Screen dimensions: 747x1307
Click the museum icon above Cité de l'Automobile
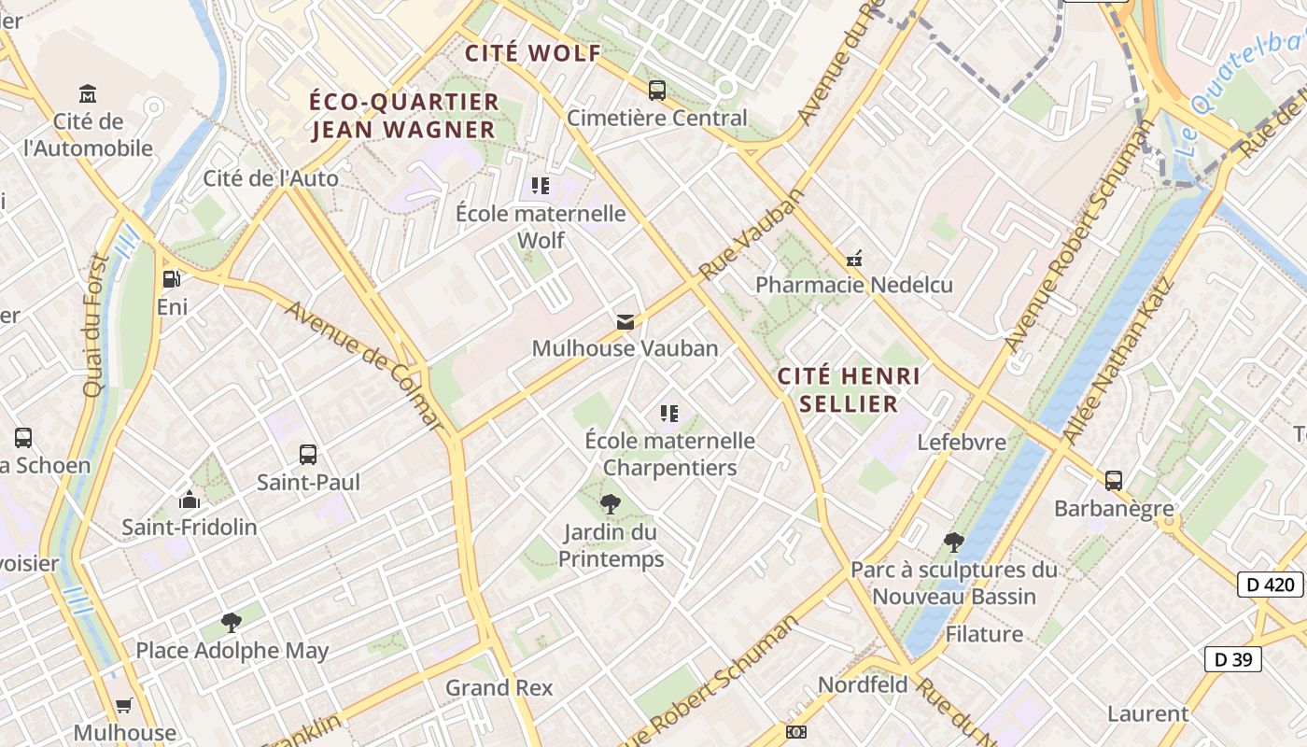coord(88,93)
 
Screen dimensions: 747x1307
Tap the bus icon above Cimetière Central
coord(657,91)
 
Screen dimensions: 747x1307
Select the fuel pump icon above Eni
coord(172,279)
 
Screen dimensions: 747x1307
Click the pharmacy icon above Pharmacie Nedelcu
coord(853,258)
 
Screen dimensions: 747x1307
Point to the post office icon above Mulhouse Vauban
coord(625,322)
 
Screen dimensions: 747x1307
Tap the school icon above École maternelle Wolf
coord(540,186)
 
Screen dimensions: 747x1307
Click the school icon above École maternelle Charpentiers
coord(668,413)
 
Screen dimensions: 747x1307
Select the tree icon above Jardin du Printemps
coord(610,505)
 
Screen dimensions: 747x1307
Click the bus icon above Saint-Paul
coord(308,455)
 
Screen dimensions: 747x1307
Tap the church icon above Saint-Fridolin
coord(190,500)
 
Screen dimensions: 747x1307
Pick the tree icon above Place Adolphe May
coord(232,623)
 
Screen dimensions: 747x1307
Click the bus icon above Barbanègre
coord(1114,481)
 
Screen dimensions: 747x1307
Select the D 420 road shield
coord(1270,585)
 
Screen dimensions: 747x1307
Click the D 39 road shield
coord(1232,658)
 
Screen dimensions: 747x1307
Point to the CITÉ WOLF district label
coord(533,53)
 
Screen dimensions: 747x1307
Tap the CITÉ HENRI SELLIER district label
coord(849,389)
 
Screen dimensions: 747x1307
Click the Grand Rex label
coord(499,688)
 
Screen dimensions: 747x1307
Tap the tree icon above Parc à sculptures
coord(953,542)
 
